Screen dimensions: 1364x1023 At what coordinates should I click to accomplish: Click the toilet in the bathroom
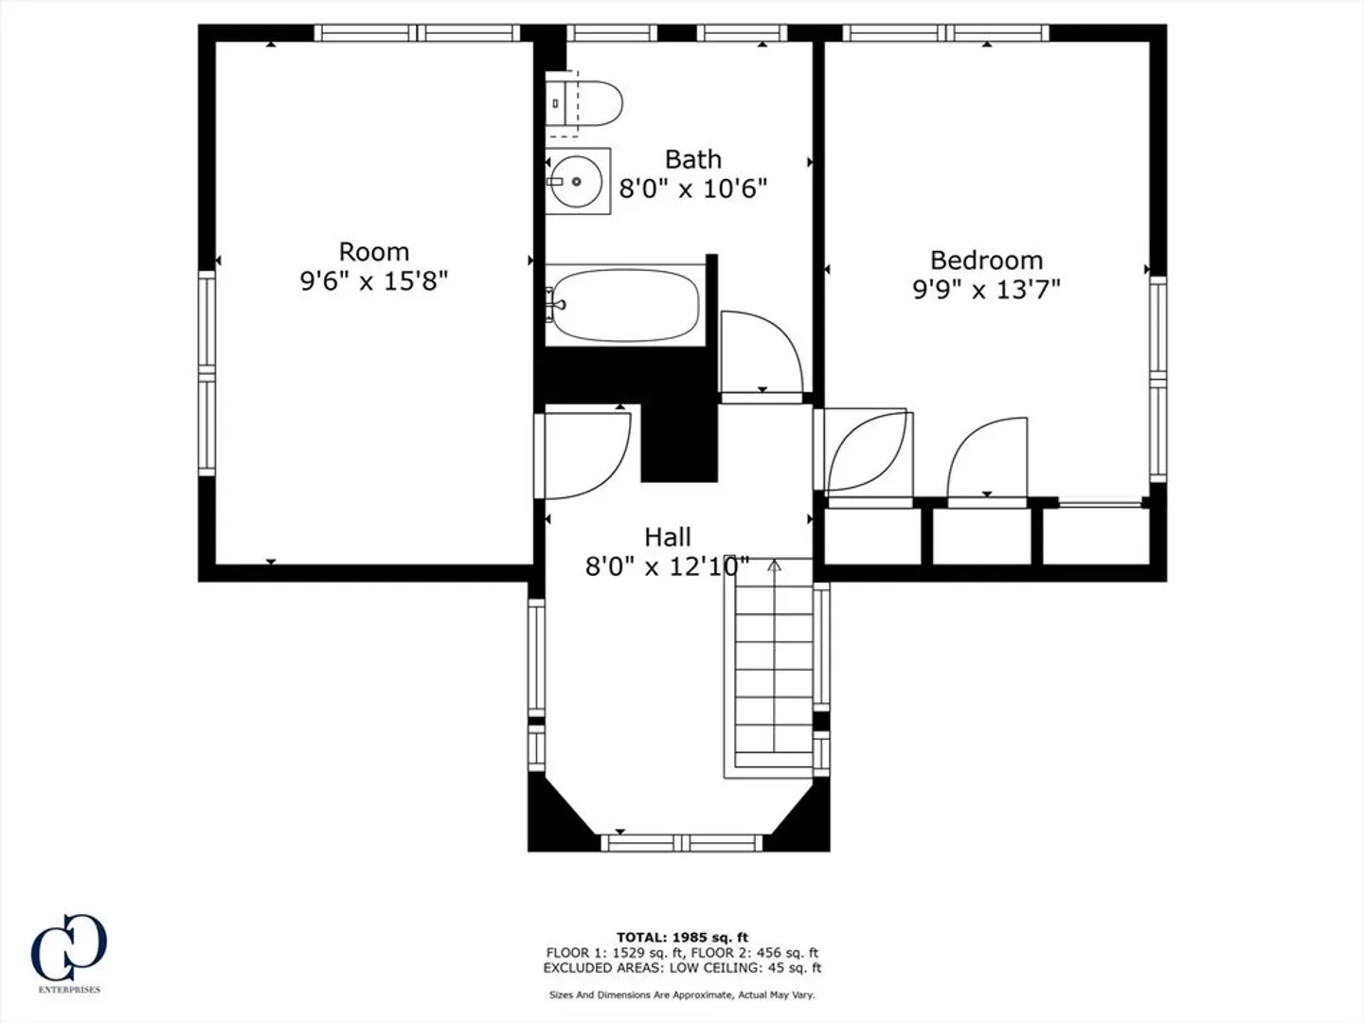coord(583,103)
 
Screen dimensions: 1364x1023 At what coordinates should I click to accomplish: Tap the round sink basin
coord(577,181)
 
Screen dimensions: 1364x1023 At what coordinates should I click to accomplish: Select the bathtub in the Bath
coord(625,305)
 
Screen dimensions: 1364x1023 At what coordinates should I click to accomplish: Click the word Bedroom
coord(986,260)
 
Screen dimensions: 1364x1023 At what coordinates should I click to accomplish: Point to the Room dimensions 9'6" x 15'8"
coord(374,281)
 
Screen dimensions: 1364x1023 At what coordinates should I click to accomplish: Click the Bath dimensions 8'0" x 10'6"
coord(692,188)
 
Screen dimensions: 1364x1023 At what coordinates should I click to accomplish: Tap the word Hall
coord(668,537)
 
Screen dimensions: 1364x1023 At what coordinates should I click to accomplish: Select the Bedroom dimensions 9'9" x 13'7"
coord(986,290)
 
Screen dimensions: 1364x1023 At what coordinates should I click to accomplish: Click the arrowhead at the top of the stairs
coord(774,565)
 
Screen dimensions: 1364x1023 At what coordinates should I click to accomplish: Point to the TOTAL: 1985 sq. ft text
coord(682,938)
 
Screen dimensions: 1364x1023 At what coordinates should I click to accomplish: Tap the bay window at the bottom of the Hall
coord(682,843)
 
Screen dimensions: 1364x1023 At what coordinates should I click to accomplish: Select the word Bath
coord(692,160)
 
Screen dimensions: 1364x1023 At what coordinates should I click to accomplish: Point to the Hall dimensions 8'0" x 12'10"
coord(668,566)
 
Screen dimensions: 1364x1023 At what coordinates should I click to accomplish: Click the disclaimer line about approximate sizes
coord(682,995)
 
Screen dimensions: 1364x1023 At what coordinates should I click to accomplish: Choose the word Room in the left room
coord(374,252)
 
